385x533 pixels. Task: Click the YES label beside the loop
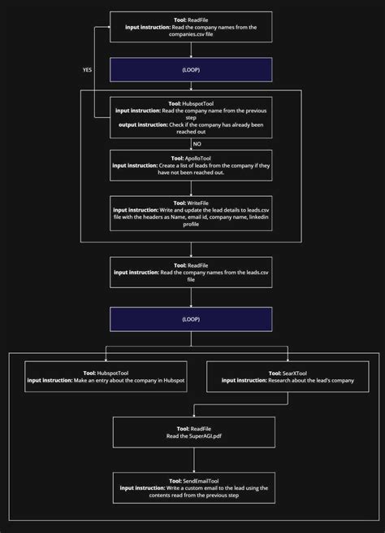[x=87, y=70]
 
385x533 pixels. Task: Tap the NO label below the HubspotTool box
[x=197, y=143]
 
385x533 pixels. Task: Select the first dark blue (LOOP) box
[x=191, y=71]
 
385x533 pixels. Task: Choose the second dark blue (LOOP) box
[x=191, y=320]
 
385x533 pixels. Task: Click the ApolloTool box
[x=191, y=164]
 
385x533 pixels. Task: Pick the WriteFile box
[x=191, y=213]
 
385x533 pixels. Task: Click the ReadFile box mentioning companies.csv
[x=191, y=27]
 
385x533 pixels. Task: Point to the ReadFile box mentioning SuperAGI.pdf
[x=191, y=432]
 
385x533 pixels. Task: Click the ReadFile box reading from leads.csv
[x=191, y=272]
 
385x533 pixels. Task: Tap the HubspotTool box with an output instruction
[x=191, y=119]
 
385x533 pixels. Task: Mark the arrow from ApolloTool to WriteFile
[x=191, y=188]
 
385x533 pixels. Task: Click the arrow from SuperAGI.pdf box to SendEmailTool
[x=191, y=460]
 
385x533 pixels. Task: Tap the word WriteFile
[x=201, y=202]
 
